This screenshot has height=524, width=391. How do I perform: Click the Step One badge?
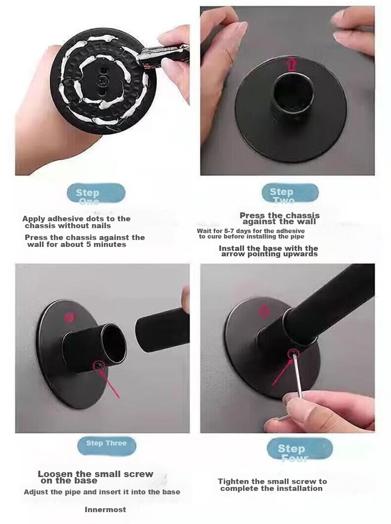[96, 193]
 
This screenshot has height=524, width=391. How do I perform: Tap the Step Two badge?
[290, 193]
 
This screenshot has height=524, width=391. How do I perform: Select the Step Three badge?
[106, 446]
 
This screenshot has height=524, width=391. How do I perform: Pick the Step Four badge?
[300, 449]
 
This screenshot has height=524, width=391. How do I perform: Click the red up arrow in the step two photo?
[292, 64]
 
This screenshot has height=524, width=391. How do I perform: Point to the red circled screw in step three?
[99, 365]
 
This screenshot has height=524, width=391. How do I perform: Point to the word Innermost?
[105, 510]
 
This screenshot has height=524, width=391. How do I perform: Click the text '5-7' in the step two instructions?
[230, 231]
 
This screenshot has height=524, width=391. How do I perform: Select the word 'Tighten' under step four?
[234, 482]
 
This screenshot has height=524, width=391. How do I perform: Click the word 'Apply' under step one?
[34, 219]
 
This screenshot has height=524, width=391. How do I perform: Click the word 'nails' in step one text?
[102, 226]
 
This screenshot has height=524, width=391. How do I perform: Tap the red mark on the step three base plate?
[69, 317]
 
